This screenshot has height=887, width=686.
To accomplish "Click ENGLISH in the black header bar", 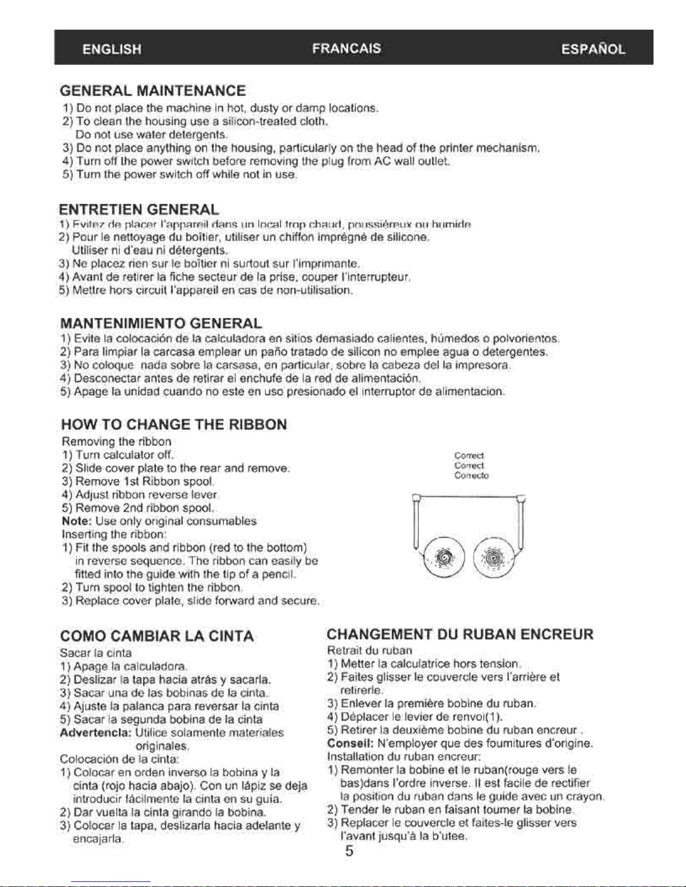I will tap(112, 49).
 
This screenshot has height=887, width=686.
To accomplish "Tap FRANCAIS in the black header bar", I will tap(347, 49).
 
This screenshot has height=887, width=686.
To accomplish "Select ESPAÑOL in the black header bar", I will tap(593, 49).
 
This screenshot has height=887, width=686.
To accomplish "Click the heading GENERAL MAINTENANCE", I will tap(153, 91).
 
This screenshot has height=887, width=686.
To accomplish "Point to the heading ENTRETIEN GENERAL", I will tap(139, 210).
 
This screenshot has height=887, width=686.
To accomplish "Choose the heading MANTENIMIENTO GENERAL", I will tap(161, 323).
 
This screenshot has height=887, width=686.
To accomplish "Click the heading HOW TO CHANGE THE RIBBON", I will tap(174, 424).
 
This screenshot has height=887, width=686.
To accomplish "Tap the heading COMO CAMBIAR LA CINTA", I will tap(157, 636).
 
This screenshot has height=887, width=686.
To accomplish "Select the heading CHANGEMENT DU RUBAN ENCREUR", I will tap(460, 634).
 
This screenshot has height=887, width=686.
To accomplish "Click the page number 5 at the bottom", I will tap(349, 851).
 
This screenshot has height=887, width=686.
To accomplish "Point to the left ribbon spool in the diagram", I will tap(444, 557).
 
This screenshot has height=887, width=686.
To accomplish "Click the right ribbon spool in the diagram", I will tap(493, 557).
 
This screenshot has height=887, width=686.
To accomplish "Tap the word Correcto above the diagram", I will tap(472, 476).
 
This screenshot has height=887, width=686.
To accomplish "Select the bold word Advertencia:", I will tap(96, 733).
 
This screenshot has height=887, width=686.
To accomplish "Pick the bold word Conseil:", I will tap(351, 743).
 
